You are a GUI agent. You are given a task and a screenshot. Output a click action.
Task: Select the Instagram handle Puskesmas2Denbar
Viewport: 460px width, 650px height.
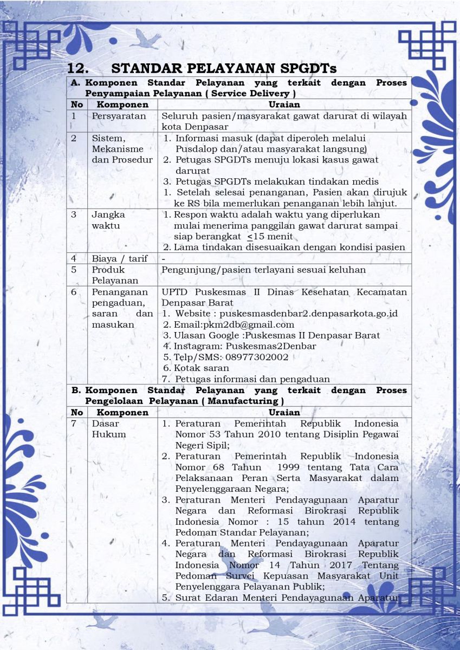coord(271,346)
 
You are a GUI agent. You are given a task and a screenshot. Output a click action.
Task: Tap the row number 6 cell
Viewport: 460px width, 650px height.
coord(74,292)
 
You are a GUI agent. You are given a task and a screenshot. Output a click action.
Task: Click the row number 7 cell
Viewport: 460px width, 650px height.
coord(74,424)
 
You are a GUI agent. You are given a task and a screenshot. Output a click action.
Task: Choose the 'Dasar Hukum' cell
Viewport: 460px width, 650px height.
coord(108,429)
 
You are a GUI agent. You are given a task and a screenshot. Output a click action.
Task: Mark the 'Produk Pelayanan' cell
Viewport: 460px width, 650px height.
coord(108,275)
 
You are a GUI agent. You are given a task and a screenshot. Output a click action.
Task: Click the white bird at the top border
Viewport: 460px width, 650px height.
coord(145,40)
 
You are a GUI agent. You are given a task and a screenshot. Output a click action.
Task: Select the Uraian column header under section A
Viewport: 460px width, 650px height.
coord(284,105)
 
